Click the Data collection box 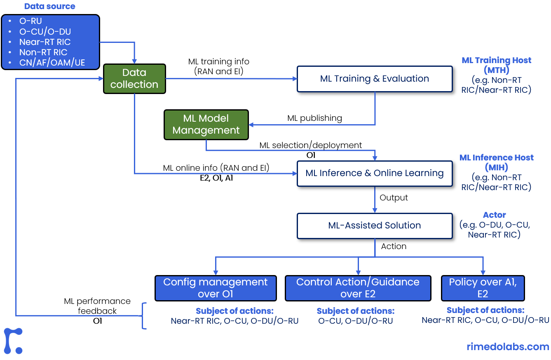[134, 78]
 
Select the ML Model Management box [206, 124]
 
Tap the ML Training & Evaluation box [375, 79]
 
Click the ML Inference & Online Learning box [375, 173]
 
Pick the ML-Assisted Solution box [375, 226]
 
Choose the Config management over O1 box [215, 288]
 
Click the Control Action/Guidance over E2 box [358, 288]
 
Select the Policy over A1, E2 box [483, 288]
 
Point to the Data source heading [50, 7]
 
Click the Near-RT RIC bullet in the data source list [45, 42]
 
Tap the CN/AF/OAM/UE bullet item [52, 63]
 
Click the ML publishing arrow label [314, 118]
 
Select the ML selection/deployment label [311, 145]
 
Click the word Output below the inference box [394, 198]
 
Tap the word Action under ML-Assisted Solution [394, 246]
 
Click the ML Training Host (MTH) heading [497, 65]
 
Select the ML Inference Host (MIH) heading [497, 162]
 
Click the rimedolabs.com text [508, 347]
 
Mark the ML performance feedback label [97, 306]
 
